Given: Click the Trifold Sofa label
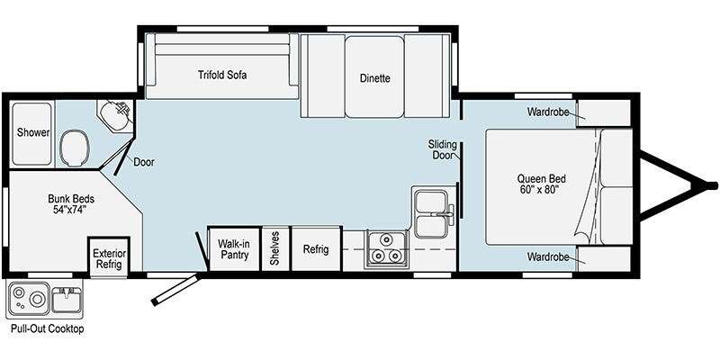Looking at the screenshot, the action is point(222,75).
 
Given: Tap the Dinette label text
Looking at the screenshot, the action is point(374,78).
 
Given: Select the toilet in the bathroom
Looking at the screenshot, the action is point(75,147).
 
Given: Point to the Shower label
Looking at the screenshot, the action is point(33,133).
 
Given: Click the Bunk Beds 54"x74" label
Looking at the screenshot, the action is point(71,204).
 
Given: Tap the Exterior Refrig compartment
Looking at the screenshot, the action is point(109,257).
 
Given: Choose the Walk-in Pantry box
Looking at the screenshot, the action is point(233,248).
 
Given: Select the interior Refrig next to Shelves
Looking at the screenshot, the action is point(317,248).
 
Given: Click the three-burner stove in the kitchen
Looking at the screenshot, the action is point(386,249).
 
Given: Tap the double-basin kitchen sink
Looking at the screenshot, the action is point(432,211).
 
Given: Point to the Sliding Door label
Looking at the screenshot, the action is point(442,149).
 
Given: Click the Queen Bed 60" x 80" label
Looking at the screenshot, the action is point(541,184).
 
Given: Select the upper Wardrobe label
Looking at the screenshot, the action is point(548,112).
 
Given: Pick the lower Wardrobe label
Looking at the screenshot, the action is point(548,256).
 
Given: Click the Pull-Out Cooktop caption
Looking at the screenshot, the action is point(48,328).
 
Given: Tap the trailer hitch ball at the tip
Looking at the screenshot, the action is point(712,185).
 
